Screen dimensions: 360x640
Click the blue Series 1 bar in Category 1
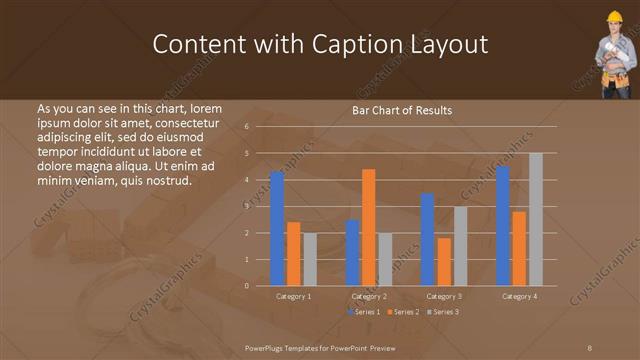pos(277,229)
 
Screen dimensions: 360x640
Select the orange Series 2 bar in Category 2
pos(369,228)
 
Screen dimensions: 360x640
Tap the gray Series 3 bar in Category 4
pos(536,219)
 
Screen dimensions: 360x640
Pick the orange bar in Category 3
pos(444,261)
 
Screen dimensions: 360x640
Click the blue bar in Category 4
pos(503,226)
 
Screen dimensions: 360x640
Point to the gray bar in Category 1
pos(310,259)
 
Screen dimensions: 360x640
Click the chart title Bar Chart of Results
pos(402,110)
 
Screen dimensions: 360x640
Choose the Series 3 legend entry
pos(445,313)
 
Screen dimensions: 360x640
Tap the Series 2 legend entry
pos(404,313)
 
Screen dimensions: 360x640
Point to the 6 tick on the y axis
pos(260,127)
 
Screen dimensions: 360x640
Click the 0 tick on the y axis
pos(260,286)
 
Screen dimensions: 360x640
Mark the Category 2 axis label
pos(369,297)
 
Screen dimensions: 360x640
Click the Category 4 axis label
pos(519,297)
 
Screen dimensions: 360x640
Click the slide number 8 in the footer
pos(589,347)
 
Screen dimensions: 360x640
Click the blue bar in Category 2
pos(353,253)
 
